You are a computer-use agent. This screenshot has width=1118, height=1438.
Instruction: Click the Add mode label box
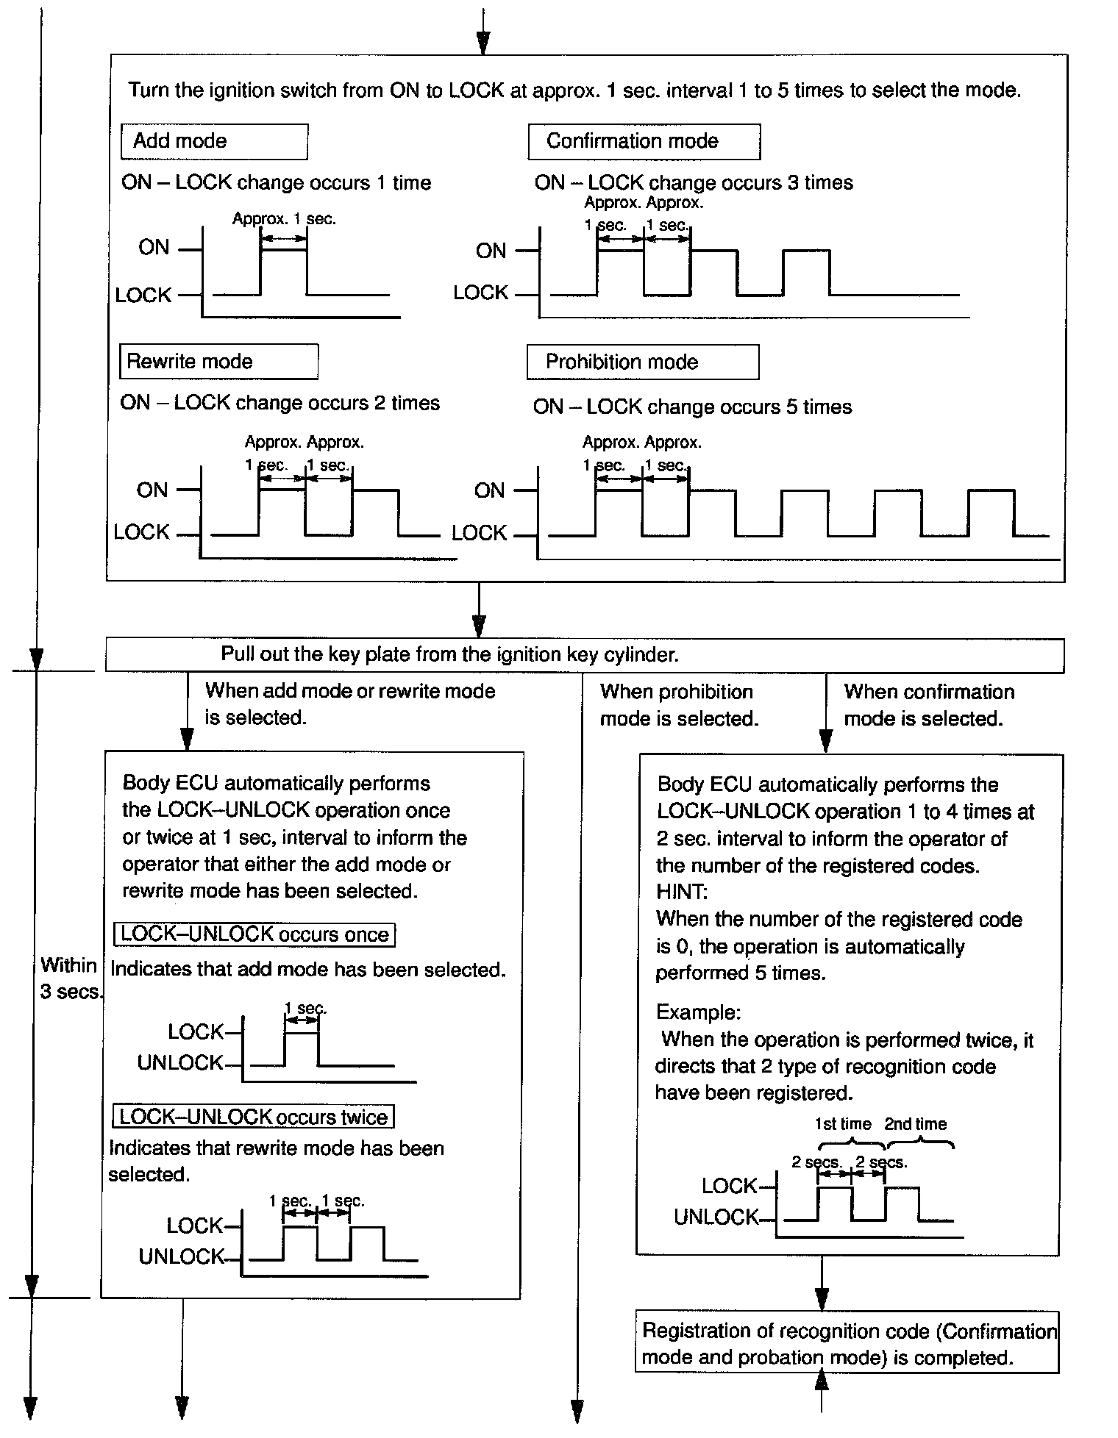point(214,141)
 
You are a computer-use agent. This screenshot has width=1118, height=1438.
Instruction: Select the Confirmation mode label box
point(644,141)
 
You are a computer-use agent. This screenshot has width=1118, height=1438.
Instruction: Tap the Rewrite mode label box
point(218,362)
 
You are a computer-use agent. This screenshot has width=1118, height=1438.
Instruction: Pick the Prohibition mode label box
point(642,362)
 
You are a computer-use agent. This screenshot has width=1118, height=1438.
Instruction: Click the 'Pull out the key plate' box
point(585,654)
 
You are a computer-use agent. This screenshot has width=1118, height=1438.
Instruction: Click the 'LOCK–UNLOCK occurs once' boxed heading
point(254,934)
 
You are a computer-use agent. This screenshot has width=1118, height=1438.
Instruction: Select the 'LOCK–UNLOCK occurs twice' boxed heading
point(253,1117)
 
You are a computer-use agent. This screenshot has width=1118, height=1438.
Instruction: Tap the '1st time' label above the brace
point(843,1124)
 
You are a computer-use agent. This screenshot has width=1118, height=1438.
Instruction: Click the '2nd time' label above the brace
point(915,1124)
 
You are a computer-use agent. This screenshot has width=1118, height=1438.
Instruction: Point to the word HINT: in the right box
point(682,893)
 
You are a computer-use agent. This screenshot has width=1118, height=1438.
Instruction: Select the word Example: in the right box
point(698,1012)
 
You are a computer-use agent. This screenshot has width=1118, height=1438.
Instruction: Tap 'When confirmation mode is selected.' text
point(928,705)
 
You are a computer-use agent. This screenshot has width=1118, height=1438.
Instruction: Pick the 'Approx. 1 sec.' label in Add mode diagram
point(284,219)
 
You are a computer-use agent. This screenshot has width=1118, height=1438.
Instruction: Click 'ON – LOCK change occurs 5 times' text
point(692,407)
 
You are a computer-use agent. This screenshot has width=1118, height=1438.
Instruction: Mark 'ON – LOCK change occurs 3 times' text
point(694,183)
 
